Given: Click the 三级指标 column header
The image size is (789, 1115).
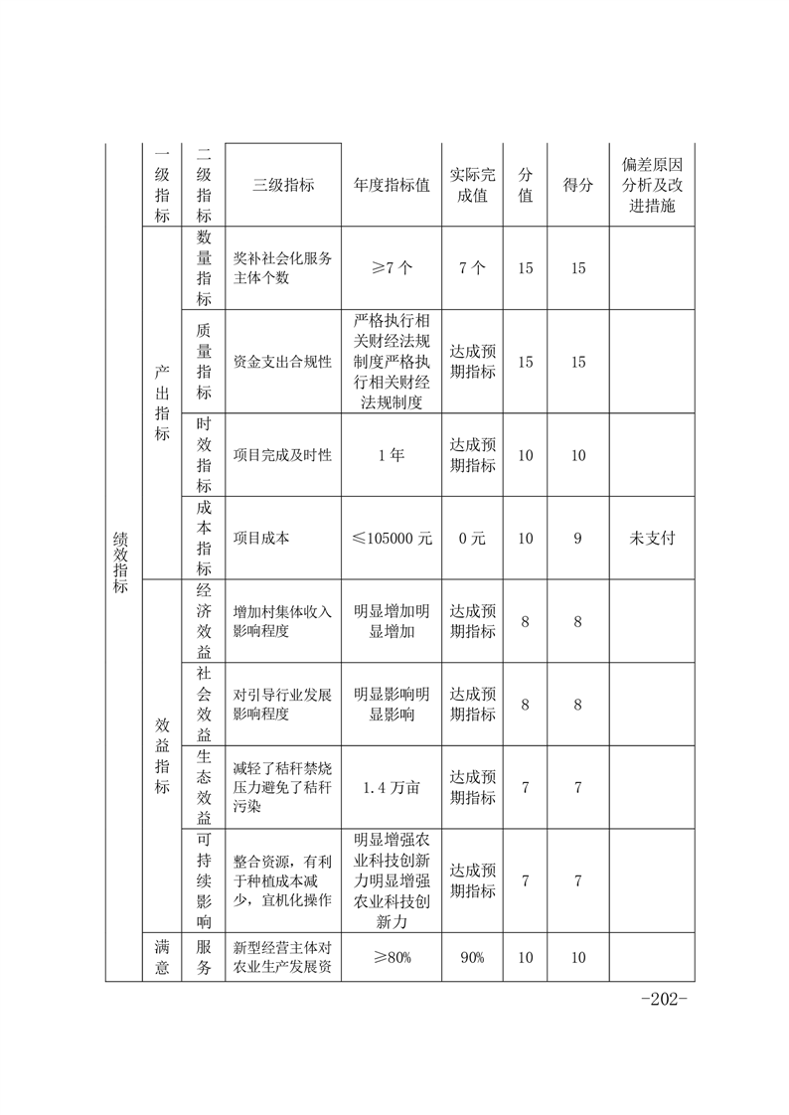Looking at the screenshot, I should pos(284,185).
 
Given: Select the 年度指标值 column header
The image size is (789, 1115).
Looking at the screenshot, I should pos(392,185).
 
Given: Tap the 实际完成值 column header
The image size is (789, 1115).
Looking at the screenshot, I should pos(473,185).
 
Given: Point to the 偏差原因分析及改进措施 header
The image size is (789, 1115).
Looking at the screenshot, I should pos(651,185).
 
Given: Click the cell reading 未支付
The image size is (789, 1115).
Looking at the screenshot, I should pos(651,538).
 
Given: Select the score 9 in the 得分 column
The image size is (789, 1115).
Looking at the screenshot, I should pos(577,538).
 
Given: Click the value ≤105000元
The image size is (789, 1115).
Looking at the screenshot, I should pos(392,538).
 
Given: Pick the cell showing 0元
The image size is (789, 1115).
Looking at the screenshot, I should pos(473,538).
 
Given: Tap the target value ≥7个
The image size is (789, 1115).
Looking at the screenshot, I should pos(392,268).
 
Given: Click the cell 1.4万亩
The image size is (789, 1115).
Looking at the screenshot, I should pos(392,787).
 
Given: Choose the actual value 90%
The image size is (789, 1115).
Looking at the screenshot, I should pos(473,957).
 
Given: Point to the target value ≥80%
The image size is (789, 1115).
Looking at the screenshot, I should pos(392,957).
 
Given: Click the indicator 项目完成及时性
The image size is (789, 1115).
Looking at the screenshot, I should pos(282,454).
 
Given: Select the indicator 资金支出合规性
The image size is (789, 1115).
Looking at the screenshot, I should pos(282,361).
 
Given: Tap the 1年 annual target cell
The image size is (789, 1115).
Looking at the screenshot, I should pos(392,454).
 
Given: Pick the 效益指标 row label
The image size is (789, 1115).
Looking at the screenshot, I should pos(162,755).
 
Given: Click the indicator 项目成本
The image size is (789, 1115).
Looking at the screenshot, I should pos(260,538).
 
